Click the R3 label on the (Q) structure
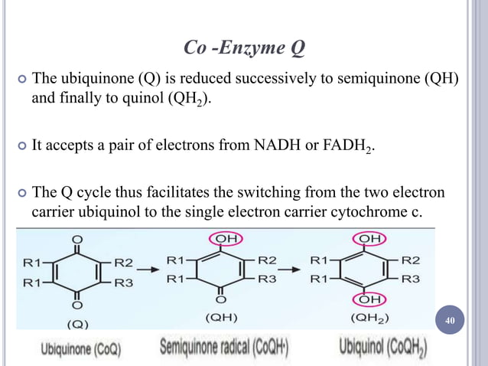(x=125, y=282)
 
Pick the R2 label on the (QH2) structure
(x=411, y=260)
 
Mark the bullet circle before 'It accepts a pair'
(x=21, y=144)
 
